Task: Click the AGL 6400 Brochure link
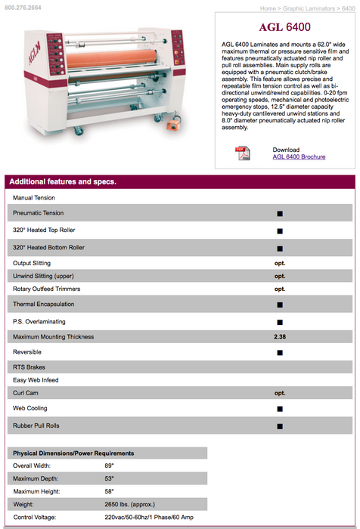click(x=299, y=157)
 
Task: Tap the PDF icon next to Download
click(x=243, y=153)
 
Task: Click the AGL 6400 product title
click(x=284, y=27)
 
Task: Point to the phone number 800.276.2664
click(x=23, y=8)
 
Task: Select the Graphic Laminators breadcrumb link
click(x=309, y=8)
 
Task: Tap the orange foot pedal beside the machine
click(x=174, y=125)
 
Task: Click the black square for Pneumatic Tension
click(x=280, y=214)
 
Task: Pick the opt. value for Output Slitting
click(x=280, y=263)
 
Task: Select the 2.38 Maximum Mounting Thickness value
click(x=280, y=337)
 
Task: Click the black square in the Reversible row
click(x=280, y=353)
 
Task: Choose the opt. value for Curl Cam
click(x=280, y=393)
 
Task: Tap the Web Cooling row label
click(x=30, y=408)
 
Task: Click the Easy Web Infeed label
click(x=36, y=380)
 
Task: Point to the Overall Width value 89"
click(x=109, y=466)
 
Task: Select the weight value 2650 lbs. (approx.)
click(x=129, y=504)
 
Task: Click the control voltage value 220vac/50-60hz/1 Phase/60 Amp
click(x=149, y=517)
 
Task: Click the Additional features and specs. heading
click(x=63, y=181)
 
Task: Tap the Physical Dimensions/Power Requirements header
click(x=73, y=453)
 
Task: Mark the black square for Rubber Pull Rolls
click(x=280, y=426)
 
